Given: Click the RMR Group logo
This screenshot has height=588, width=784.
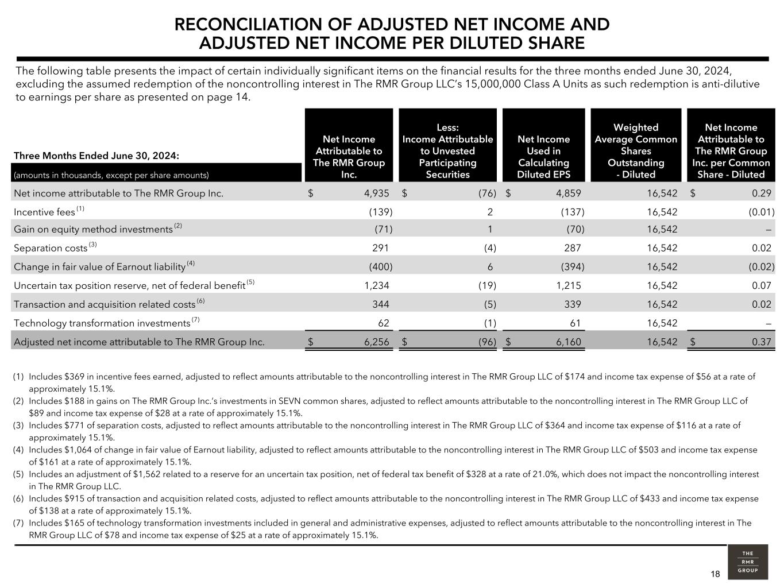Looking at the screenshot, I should pos(747,562).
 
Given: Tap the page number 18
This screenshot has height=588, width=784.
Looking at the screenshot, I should pos(715,574).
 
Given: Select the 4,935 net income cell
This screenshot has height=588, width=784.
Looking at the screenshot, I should pos(376,194).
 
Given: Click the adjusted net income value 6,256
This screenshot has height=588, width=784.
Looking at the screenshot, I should pos(376,342).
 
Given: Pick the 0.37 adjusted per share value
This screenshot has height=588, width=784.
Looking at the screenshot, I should pos(761,342).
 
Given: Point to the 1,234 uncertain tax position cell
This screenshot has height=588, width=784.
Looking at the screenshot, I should pos(376,285).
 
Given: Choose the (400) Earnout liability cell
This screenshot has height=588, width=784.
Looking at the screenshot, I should pos(380,266).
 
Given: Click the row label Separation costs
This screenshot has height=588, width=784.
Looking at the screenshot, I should pos(51,248).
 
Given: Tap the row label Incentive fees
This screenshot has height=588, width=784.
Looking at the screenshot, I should pos(44,212).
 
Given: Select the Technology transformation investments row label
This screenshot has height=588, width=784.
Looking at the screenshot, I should pos(102,323).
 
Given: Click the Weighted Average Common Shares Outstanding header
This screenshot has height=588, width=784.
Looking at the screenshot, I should pos(635,150).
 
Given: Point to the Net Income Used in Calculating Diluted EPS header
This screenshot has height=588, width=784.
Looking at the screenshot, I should pos(543,157).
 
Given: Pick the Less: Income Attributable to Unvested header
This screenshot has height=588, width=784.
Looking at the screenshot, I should pos(447,150).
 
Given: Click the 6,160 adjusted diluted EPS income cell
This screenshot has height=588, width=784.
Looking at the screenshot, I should pos(568,342).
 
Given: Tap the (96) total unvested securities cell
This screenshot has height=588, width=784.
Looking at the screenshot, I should pos(487,342).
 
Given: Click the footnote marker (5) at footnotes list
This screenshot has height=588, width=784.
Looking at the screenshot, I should pos(18,474).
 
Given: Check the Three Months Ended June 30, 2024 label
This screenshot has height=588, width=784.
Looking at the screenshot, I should pos(96,156).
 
